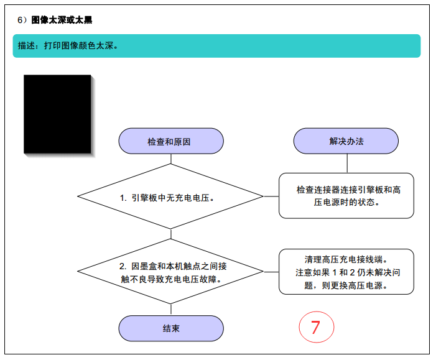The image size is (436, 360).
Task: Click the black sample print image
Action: pos(57,114)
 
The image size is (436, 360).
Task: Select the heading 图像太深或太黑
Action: pos(62,20)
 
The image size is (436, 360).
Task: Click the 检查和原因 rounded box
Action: pos(171,141)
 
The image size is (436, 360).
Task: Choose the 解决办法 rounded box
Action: pos(346,141)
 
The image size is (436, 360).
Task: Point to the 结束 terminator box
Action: pos(171,328)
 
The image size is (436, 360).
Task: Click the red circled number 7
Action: pos(317,327)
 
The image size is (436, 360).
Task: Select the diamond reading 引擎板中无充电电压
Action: pos(170,196)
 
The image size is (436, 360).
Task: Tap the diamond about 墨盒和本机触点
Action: pos(170,271)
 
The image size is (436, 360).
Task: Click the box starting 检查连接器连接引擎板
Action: pos(346,196)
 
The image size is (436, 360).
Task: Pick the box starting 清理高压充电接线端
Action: pos(346,272)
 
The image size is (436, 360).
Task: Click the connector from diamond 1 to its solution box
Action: pos(271,196)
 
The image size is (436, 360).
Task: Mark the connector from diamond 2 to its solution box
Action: pos(271,272)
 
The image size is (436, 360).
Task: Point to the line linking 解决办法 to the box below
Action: pos(347,163)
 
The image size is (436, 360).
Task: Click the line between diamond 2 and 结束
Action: pos(170,310)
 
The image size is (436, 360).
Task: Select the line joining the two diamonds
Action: pos(170,234)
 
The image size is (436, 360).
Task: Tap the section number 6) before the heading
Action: pos(22,20)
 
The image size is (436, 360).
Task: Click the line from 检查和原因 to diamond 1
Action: pos(170,159)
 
